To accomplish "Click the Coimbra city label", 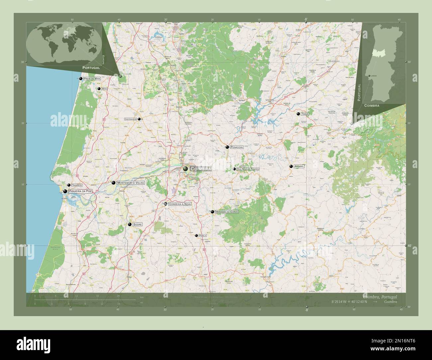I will coord(201,169).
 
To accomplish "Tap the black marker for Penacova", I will coord(227,147).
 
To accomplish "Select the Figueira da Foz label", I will coord(80,191).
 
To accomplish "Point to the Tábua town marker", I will coord(298,114).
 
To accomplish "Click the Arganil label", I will coord(299,166).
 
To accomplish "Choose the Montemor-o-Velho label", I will coord(131,183).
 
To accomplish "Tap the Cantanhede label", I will coord(131,119).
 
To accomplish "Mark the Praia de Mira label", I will coord(92,78).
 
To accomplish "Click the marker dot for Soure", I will coord(130,225).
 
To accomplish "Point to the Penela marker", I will coord(196,235).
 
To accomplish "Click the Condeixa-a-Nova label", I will coord(180,204).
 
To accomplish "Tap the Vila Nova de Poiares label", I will coord(248,169).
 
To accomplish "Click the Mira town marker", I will coord(99,89).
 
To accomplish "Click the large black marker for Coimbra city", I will coord(185,169).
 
